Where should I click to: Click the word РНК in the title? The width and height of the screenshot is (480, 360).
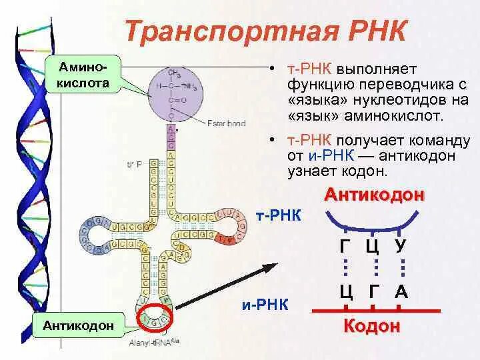[x=373, y=31]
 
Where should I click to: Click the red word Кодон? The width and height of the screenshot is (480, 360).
[x=372, y=326]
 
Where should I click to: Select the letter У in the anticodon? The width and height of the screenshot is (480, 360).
[x=400, y=245]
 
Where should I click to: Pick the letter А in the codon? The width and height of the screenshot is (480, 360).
[x=401, y=292]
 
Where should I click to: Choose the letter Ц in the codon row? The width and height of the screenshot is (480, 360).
[x=346, y=292]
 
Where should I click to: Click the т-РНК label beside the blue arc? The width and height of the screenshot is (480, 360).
[x=279, y=217]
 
